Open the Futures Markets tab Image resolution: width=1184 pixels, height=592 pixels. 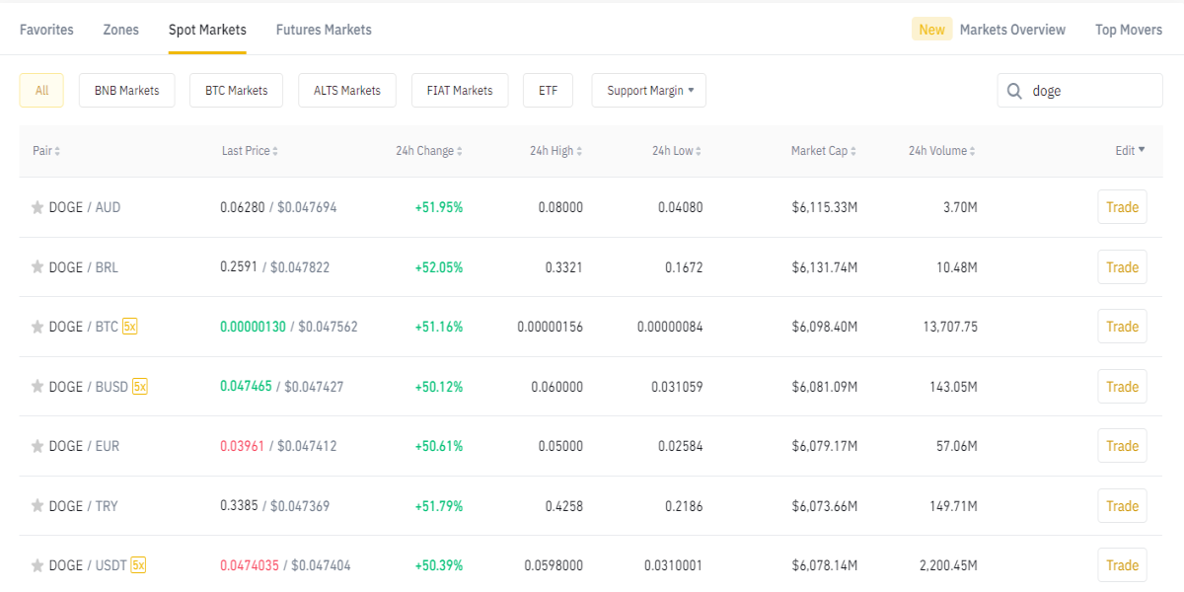(x=324, y=30)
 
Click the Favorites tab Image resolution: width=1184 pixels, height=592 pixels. (x=46, y=30)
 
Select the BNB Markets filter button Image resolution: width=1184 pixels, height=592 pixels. (x=127, y=91)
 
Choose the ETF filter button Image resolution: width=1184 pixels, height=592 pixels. (x=549, y=91)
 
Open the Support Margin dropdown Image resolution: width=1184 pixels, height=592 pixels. (x=649, y=91)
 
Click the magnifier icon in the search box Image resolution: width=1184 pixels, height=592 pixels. (x=1014, y=91)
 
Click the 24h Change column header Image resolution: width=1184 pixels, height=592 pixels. (x=428, y=151)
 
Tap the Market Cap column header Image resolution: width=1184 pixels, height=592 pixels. (x=824, y=151)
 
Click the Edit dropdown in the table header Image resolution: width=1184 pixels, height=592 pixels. (x=1130, y=151)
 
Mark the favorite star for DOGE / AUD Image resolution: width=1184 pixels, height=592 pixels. (x=37, y=207)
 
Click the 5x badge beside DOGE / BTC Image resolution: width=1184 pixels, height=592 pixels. (x=129, y=327)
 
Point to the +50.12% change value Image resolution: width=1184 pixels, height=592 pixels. (x=439, y=387)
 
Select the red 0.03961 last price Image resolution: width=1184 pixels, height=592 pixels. (x=242, y=446)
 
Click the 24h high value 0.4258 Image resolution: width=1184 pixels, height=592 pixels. (x=564, y=506)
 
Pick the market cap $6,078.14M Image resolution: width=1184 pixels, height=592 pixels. (x=825, y=565)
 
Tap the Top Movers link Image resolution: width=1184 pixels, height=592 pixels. (x=1129, y=30)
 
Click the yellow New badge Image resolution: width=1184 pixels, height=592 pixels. (x=931, y=29)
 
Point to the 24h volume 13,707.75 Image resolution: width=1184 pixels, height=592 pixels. (x=950, y=327)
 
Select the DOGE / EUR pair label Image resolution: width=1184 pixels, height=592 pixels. (x=84, y=446)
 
